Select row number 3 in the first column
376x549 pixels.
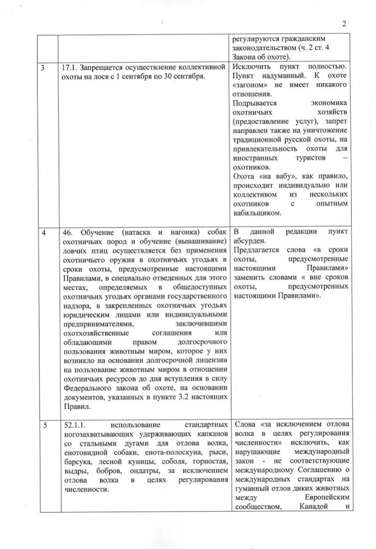coord(43,67)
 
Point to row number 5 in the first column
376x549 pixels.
coord(43,424)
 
